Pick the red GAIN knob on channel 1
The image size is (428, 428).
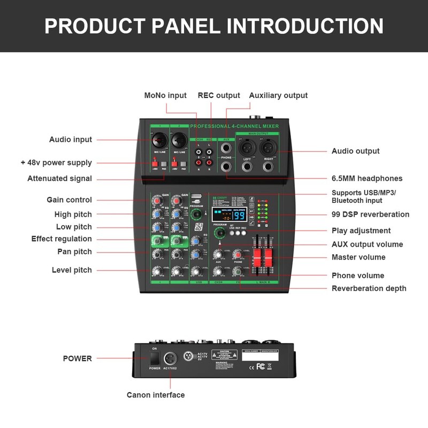pyautogui.click(x=157, y=201)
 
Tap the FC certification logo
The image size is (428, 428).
pyautogui.click(x=261, y=366)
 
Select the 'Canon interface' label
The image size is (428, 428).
pyautogui.click(x=156, y=395)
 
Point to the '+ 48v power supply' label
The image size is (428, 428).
pyautogui.click(x=56, y=163)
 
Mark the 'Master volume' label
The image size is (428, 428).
pyautogui.click(x=358, y=257)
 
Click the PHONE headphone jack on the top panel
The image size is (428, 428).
pyautogui.click(x=226, y=166)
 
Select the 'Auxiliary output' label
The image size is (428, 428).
pyautogui.click(x=278, y=95)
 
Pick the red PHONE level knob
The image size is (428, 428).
pyautogui.click(x=238, y=255)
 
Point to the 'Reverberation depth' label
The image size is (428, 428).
pyautogui.click(x=369, y=288)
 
